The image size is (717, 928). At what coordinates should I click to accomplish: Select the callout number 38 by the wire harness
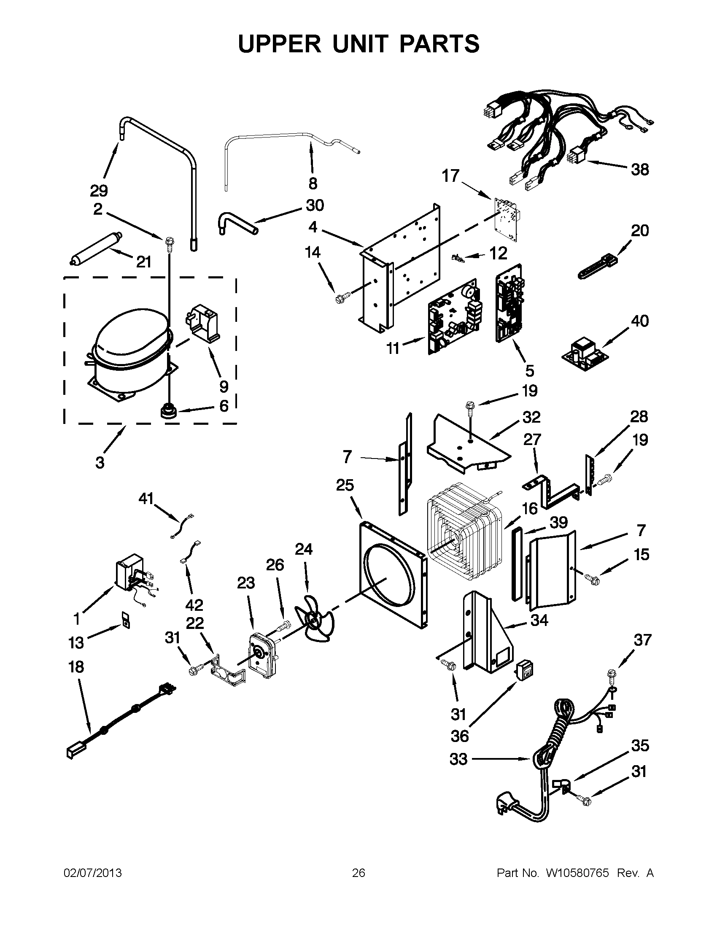(639, 170)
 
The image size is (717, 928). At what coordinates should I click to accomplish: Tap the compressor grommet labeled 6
(168, 411)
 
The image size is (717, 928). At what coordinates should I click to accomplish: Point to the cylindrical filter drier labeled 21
(96, 248)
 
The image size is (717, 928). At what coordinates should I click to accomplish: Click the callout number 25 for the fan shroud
(345, 485)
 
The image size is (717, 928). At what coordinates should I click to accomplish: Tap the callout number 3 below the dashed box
(100, 462)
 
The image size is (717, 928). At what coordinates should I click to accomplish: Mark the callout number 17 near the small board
(451, 175)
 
